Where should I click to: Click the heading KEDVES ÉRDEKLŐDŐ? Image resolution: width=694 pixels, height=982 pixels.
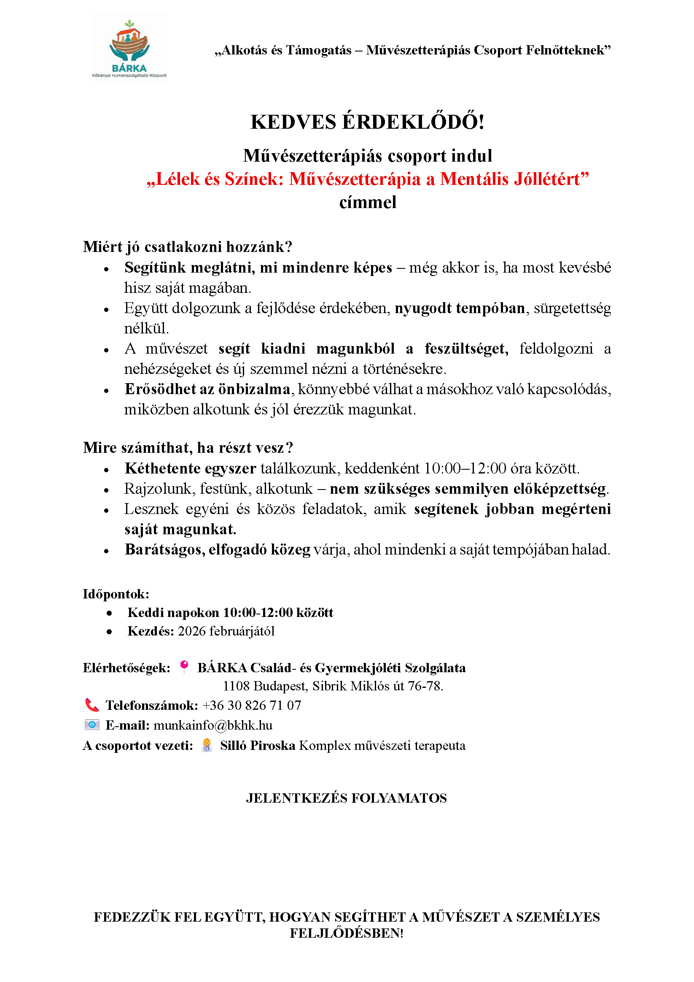[368, 122]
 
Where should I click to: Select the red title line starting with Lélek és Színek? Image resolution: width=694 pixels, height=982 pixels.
[368, 179]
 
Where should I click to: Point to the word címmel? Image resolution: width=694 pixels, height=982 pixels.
[368, 202]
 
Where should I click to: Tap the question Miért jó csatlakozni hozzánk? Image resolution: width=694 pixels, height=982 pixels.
[188, 247]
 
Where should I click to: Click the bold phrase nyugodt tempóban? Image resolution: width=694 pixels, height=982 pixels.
[460, 308]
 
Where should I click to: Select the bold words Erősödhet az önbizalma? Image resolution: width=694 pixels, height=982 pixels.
[207, 389]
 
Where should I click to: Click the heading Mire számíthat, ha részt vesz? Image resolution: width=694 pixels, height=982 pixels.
[188, 448]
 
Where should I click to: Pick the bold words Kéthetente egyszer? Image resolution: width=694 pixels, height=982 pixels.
[190, 468]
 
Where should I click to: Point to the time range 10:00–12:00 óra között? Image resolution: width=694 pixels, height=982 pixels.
[501, 468]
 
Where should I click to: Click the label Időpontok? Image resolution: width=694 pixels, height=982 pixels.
[116, 594]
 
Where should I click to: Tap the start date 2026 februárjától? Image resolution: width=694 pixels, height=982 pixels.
[226, 631]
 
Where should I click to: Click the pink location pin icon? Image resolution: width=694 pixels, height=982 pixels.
[184, 667]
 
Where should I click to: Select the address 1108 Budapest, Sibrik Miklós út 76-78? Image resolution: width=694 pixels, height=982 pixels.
[333, 686]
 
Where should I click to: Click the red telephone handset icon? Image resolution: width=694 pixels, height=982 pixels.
[91, 705]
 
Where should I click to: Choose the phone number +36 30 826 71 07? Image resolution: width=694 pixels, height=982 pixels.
[252, 705]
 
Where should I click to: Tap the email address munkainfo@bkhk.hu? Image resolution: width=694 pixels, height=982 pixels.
[213, 725]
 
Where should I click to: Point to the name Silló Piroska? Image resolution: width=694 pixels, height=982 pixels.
[258, 746]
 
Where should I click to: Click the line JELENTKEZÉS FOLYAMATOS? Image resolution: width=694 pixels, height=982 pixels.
[346, 798]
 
